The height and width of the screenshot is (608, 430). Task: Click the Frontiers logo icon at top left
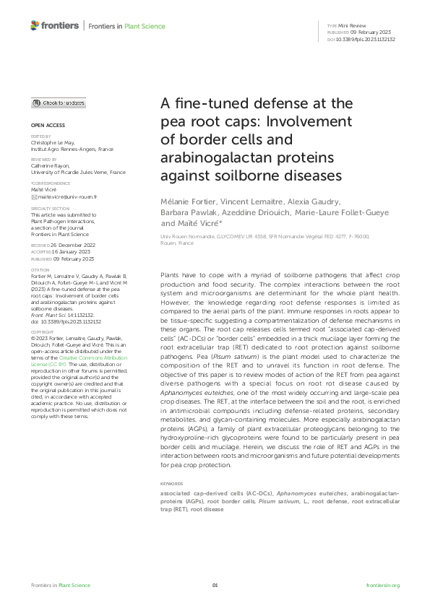pos(35,26)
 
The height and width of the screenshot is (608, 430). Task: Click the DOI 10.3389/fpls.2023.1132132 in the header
pos(366,40)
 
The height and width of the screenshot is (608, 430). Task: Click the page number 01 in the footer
pos(215,585)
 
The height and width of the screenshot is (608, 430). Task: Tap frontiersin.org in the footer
pos(382,585)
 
